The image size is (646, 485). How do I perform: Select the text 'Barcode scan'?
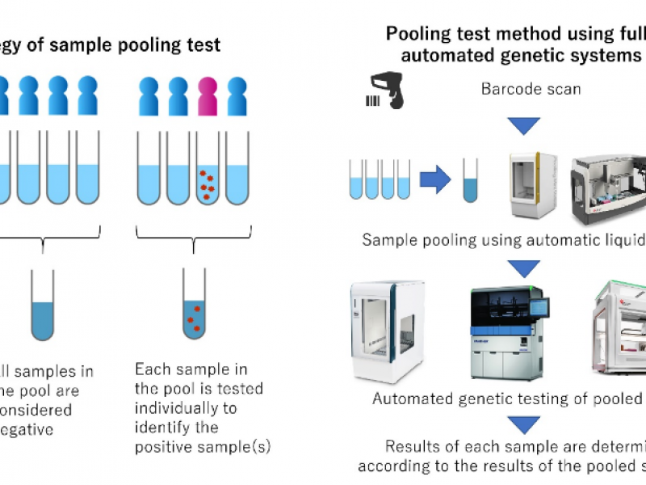point(531,89)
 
